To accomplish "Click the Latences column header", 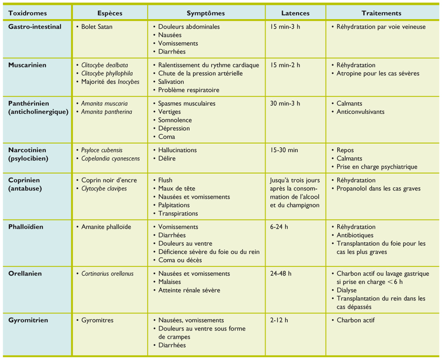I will coord(295,13).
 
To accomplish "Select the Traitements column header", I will coord(381,13).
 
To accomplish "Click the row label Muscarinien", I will coord(27,65).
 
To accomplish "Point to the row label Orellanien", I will coord(25,273).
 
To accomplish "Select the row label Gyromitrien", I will coord(28,320).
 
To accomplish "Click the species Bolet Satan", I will coord(96,27).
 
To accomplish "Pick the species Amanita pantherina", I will coord(106,112).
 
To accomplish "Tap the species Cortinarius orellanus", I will coord(107,273).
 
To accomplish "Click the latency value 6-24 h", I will coord(279,227).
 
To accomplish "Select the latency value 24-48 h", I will coord(281,273).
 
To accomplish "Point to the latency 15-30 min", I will coord(284,150).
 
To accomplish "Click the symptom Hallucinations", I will coord(177,150).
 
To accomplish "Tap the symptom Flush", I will coord(165,180).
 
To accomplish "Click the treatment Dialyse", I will coord(346,290).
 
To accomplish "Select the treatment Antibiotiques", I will coord(355,235).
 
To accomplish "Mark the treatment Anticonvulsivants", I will coord(360,112).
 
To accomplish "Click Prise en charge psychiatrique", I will coord(377,167).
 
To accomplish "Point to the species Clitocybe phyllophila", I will coord(107,73).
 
